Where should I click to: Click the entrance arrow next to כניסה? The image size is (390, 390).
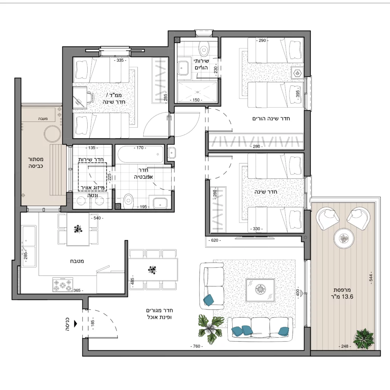(x=76, y=324)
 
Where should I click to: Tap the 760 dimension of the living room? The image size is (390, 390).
(x=197, y=346)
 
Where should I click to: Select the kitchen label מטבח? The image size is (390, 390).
(x=77, y=261)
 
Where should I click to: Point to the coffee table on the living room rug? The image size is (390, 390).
(x=260, y=290)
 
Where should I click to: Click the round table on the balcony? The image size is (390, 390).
(x=344, y=238)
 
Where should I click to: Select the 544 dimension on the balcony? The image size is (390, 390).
(x=371, y=278)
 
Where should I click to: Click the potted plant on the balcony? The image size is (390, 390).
(x=364, y=339)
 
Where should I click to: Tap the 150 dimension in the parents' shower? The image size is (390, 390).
(x=196, y=100)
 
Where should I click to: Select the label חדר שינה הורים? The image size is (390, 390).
(x=271, y=119)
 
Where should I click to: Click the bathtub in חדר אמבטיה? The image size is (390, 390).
(x=141, y=154)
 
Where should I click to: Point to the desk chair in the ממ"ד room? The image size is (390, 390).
(x=90, y=97)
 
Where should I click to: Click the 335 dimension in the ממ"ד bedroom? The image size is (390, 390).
(x=120, y=60)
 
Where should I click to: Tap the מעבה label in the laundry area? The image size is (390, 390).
(x=43, y=119)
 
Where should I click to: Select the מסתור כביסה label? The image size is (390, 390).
(x=36, y=163)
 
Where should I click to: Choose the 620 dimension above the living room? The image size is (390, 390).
(x=214, y=240)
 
